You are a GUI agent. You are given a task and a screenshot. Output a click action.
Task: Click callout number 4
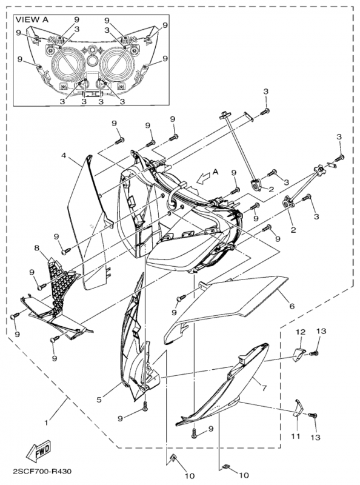click(64, 155)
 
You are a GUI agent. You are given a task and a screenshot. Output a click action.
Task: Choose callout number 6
click(292, 307)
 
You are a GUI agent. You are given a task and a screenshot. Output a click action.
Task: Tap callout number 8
click(38, 249)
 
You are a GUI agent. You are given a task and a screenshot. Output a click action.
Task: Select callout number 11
click(296, 435)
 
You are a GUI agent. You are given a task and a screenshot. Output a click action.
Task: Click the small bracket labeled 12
click(299, 354)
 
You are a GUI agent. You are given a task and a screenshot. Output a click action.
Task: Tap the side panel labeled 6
click(230, 303)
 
